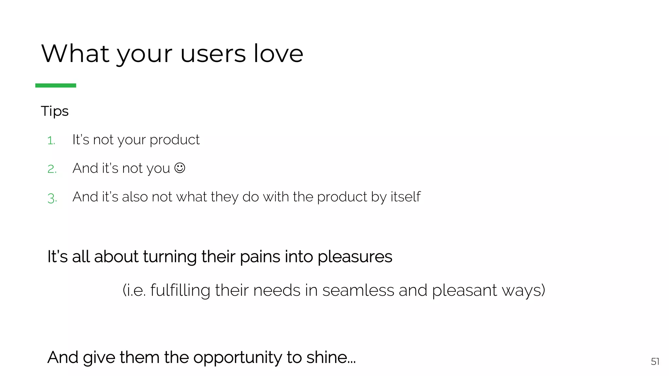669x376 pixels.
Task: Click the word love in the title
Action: pyautogui.click(x=278, y=54)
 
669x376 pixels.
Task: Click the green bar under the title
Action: pyautogui.click(x=56, y=86)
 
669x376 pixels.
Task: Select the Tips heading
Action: pyautogui.click(x=55, y=111)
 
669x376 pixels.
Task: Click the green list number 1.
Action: pyautogui.click(x=51, y=141)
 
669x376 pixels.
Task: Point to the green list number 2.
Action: pyautogui.click(x=52, y=169)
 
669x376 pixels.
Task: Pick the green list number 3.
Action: pyautogui.click(x=52, y=198)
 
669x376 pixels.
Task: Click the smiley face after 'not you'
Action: pyautogui.click(x=180, y=168)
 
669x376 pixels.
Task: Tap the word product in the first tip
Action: pyautogui.click(x=174, y=140)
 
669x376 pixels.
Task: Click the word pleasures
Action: pyautogui.click(x=355, y=257)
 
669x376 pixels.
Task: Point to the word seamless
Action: pyautogui.click(x=358, y=290)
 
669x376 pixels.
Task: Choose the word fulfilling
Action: pyautogui.click(x=180, y=290)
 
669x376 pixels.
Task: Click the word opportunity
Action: pyautogui.click(x=238, y=358)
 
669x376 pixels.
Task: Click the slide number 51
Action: pyautogui.click(x=655, y=362)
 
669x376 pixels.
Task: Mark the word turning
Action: pyautogui.click(x=170, y=257)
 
